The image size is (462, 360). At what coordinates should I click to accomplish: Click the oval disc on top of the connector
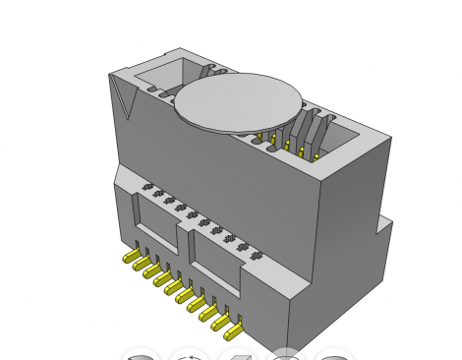(x=239, y=102)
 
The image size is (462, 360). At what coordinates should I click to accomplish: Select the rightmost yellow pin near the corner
(x=231, y=318)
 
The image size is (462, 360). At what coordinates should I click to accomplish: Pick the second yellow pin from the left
(x=142, y=265)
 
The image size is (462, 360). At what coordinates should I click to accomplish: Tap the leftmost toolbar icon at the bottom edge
(x=143, y=355)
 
